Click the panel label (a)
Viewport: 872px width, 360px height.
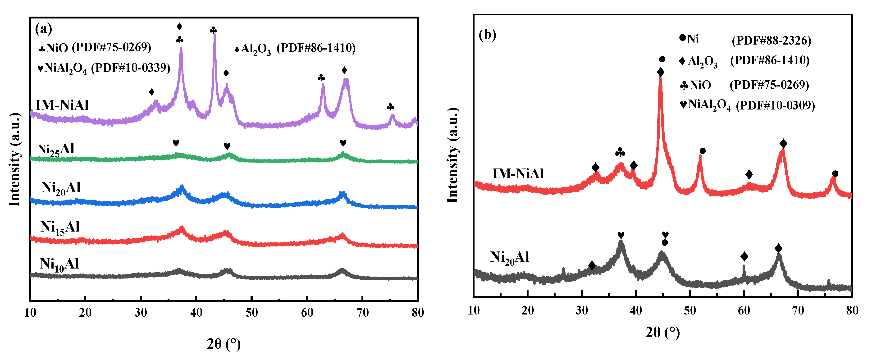point(43,29)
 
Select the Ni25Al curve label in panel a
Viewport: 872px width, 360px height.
point(56,150)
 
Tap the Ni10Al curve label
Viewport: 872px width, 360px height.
point(59,264)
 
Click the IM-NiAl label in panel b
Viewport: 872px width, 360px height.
point(518,174)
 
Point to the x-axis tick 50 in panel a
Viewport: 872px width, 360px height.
point(251,313)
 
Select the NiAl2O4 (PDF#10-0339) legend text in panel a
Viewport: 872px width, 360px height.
point(104,68)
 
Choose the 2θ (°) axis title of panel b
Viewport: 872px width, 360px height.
point(662,333)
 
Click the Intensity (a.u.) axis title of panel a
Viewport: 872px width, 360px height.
point(14,159)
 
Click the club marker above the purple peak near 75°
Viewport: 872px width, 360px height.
point(390,107)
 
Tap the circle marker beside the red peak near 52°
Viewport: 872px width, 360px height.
point(702,151)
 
